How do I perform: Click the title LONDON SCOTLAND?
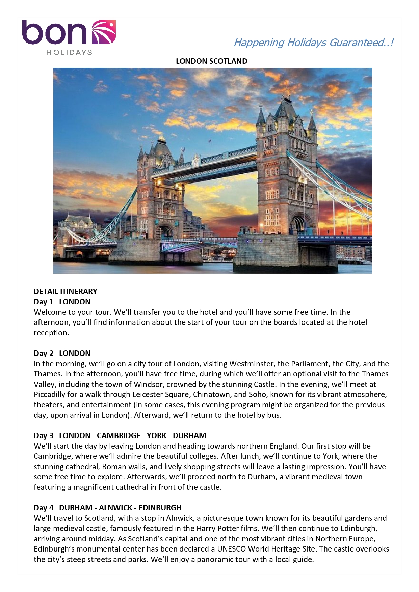pos(211,61)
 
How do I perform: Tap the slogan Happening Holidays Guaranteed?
pos(313,43)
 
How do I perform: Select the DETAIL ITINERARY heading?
pos(66,291)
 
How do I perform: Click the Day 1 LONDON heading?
pos(62,302)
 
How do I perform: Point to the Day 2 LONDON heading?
pos(62,353)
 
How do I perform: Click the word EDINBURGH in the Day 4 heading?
pos(160,508)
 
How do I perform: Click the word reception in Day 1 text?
pos(51,333)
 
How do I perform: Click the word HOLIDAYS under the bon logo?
pos(69,52)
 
